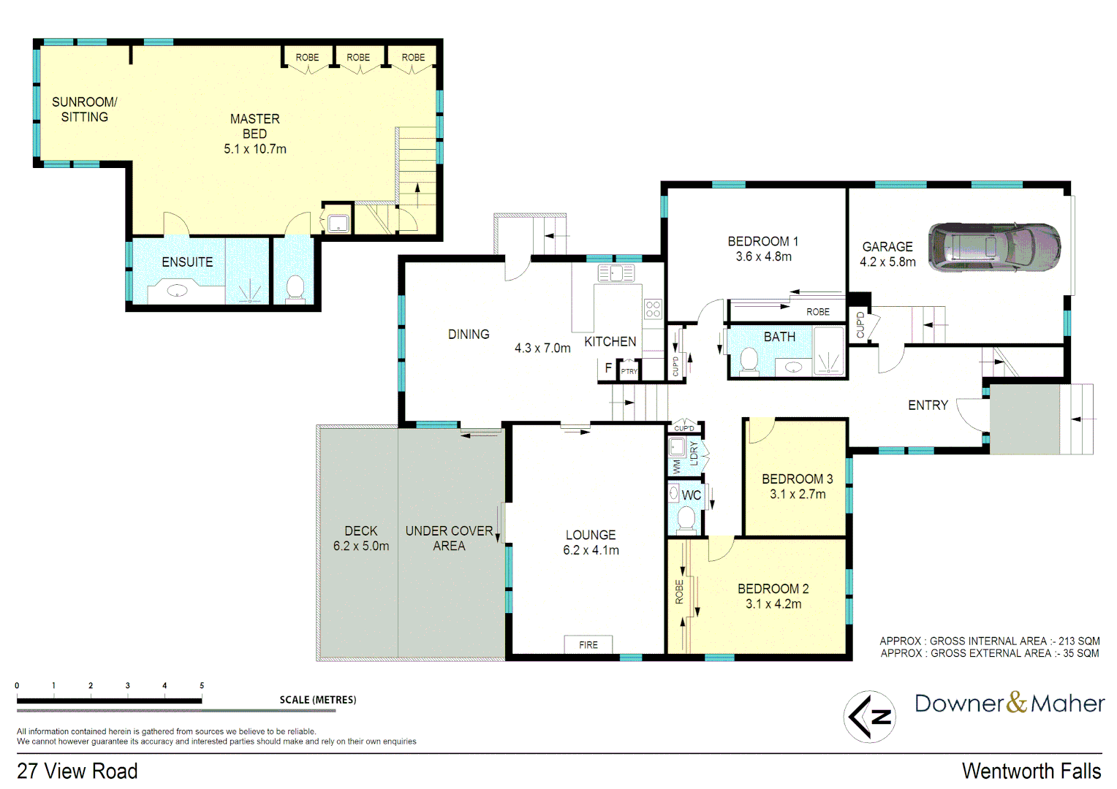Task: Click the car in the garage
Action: pyautogui.click(x=994, y=248)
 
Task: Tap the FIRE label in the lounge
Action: pyautogui.click(x=588, y=645)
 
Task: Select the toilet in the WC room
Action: pyautogui.click(x=686, y=519)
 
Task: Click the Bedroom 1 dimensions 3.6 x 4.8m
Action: pyautogui.click(x=763, y=257)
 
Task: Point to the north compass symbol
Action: pyautogui.click(x=869, y=717)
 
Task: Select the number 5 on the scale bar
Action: pyautogui.click(x=202, y=686)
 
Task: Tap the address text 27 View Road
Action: pyautogui.click(x=77, y=771)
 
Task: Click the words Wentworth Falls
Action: pyautogui.click(x=1031, y=771)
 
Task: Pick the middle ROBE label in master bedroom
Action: pyautogui.click(x=358, y=58)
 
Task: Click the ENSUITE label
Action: pyautogui.click(x=187, y=262)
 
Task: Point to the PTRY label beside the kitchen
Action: pyautogui.click(x=629, y=372)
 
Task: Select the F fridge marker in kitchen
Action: pyautogui.click(x=608, y=368)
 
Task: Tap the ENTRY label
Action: pyautogui.click(x=928, y=405)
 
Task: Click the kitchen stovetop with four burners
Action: pyautogui.click(x=653, y=309)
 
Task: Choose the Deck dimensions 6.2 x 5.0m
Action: pyautogui.click(x=361, y=546)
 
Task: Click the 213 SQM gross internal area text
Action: pyautogui.click(x=1078, y=641)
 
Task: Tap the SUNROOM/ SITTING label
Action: pyautogui.click(x=84, y=110)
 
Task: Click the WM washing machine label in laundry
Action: pyautogui.click(x=677, y=465)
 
